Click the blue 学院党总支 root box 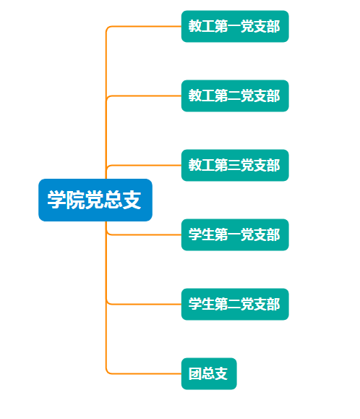click(x=95, y=200)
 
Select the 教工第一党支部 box click(x=235, y=26)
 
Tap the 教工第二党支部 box click(x=235, y=96)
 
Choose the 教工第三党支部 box click(x=235, y=165)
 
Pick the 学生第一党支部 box click(x=235, y=234)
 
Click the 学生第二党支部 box click(x=235, y=304)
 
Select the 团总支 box click(x=209, y=373)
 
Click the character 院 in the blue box click(x=75, y=200)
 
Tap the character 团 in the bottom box click(x=195, y=373)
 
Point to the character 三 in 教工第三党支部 click(x=234, y=165)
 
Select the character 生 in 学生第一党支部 click(x=208, y=234)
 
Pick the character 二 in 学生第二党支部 click(x=234, y=304)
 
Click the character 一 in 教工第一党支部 click(x=234, y=27)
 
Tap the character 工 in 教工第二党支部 click(x=208, y=96)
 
